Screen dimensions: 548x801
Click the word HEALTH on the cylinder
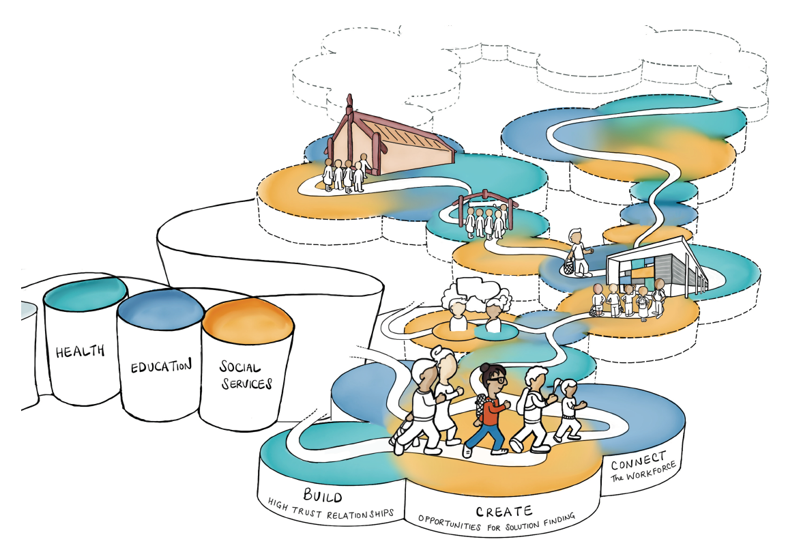click(x=80, y=351)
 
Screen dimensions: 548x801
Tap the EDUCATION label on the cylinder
click(x=161, y=366)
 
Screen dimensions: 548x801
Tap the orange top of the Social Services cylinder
click(x=247, y=317)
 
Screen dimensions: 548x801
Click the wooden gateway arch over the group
click(x=485, y=196)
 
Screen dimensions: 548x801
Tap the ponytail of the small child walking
click(x=560, y=386)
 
